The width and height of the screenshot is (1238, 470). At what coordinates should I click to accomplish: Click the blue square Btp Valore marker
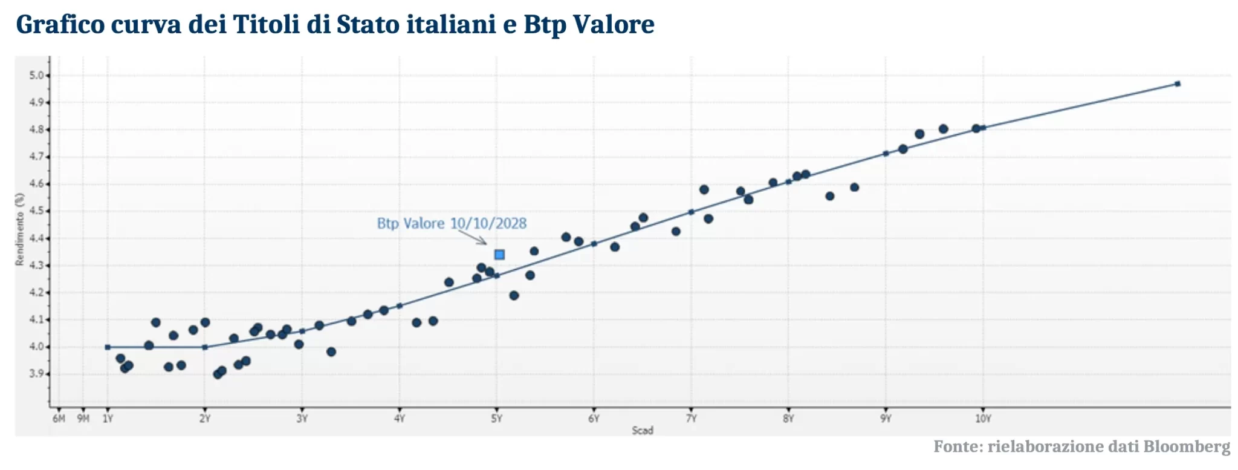(x=499, y=255)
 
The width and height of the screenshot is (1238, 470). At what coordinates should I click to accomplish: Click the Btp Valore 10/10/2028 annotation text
(x=452, y=223)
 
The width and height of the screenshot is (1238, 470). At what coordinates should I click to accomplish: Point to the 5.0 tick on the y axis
(x=37, y=76)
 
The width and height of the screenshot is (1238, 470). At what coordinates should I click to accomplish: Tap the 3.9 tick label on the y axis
(x=37, y=374)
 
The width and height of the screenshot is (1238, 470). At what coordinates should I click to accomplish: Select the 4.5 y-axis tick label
(x=37, y=211)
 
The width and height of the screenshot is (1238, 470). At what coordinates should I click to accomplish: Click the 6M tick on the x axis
(x=59, y=419)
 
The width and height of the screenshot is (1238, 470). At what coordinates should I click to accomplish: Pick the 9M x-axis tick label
(x=83, y=419)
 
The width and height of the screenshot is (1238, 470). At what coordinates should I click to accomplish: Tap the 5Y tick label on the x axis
(x=496, y=419)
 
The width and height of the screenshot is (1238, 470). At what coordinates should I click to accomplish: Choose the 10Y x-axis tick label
(x=983, y=419)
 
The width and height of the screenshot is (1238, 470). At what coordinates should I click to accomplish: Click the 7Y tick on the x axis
(x=691, y=419)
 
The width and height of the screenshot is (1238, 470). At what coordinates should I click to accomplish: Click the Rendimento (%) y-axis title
(x=20, y=229)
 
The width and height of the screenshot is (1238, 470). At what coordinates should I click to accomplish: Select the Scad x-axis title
(x=643, y=431)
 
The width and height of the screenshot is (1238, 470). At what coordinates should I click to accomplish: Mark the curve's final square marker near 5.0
(x=1178, y=83)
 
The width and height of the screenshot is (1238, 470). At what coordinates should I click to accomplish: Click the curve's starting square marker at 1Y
(x=108, y=347)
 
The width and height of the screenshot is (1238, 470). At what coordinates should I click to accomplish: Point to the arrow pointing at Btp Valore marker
(x=473, y=237)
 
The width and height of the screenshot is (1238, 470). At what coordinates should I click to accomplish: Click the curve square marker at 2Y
(x=205, y=347)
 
